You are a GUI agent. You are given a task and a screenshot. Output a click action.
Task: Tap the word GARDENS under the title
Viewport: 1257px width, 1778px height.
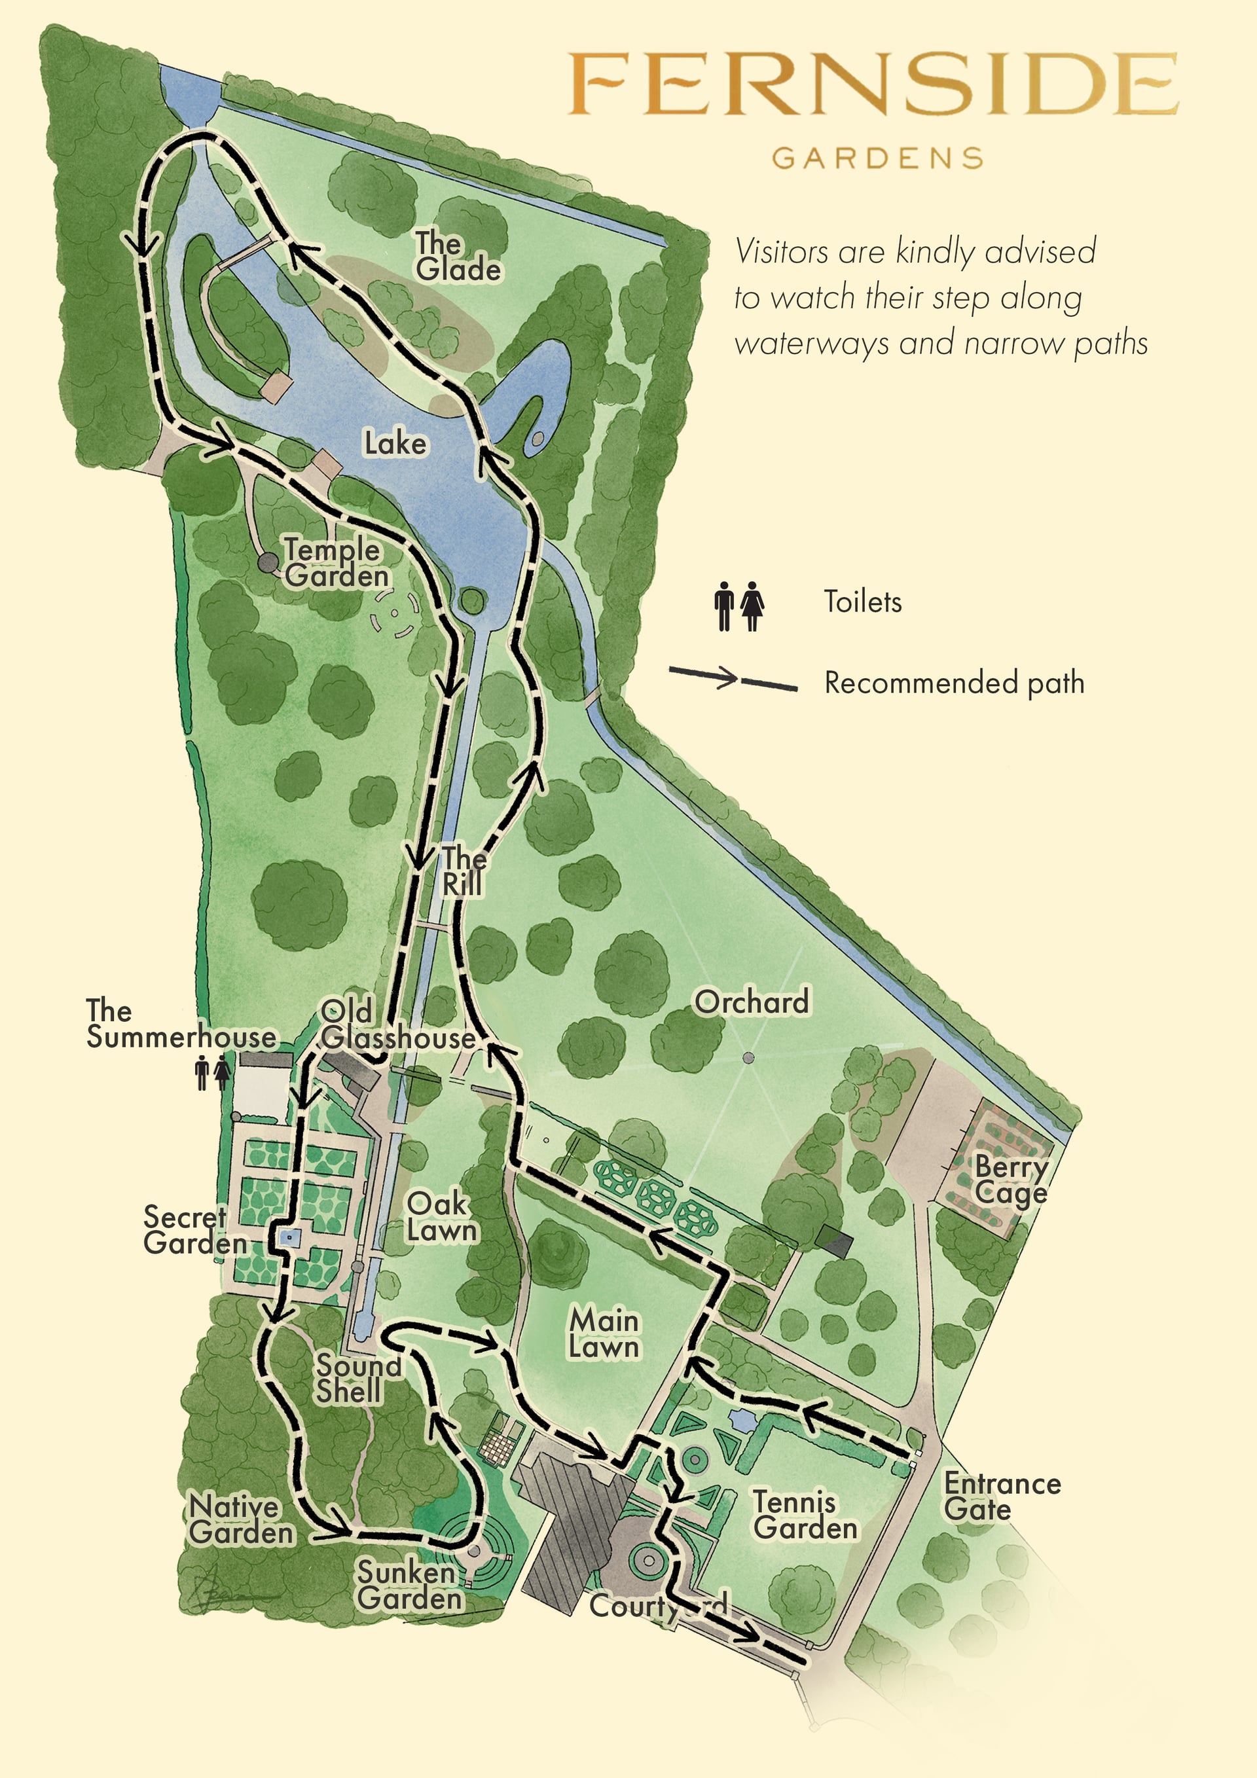pos(877,158)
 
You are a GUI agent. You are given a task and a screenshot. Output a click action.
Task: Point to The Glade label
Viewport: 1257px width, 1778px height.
pos(457,257)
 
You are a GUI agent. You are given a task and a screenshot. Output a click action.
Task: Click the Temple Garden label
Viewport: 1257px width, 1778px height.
pos(335,563)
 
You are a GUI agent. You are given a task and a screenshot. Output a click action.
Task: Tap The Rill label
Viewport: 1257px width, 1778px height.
pos(463,871)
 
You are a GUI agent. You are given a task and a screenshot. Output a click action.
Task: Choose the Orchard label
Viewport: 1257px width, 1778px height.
pos(752,1002)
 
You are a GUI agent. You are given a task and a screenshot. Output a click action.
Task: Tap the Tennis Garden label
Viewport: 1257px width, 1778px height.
pos(805,1515)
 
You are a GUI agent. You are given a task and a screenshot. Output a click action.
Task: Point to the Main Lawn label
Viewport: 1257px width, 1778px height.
pos(604,1333)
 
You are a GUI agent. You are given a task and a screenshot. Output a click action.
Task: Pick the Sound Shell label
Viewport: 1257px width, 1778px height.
pos(357,1379)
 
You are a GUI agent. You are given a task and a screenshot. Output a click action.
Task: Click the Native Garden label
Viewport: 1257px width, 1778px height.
pos(241,1519)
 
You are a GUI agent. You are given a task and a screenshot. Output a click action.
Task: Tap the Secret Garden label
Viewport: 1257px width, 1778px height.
pos(194,1229)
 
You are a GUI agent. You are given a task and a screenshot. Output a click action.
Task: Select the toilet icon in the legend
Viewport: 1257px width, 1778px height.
pos(739,606)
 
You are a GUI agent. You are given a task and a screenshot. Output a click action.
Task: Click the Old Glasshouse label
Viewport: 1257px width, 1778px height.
pos(397,1025)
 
